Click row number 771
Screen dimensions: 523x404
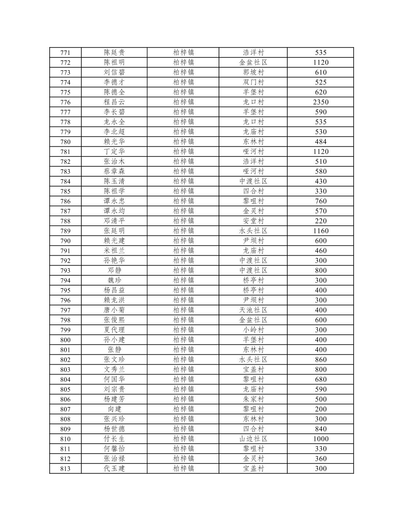click(x=65, y=53)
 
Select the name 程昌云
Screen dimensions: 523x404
click(x=114, y=102)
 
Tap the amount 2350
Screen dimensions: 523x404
click(x=321, y=102)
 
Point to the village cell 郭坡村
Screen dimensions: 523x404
click(x=253, y=72)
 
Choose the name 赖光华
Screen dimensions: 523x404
click(x=114, y=142)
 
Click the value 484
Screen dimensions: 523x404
click(x=321, y=142)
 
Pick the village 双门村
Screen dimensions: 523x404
click(x=253, y=82)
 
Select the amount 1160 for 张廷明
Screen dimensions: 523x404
click(x=321, y=231)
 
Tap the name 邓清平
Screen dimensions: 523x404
click(x=114, y=221)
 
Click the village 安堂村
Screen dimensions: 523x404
click(x=253, y=221)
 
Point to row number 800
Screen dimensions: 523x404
click(x=65, y=340)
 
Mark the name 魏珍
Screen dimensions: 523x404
click(x=114, y=280)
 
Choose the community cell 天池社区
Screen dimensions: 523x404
click(x=253, y=310)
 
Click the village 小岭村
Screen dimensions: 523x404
click(x=253, y=330)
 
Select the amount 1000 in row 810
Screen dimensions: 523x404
click(x=321, y=439)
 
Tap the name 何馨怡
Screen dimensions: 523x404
click(x=114, y=449)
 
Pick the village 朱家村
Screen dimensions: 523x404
click(x=253, y=399)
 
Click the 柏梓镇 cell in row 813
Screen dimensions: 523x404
click(x=183, y=469)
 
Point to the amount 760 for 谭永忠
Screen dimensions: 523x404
click(x=321, y=201)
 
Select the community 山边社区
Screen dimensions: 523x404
click(x=253, y=439)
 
